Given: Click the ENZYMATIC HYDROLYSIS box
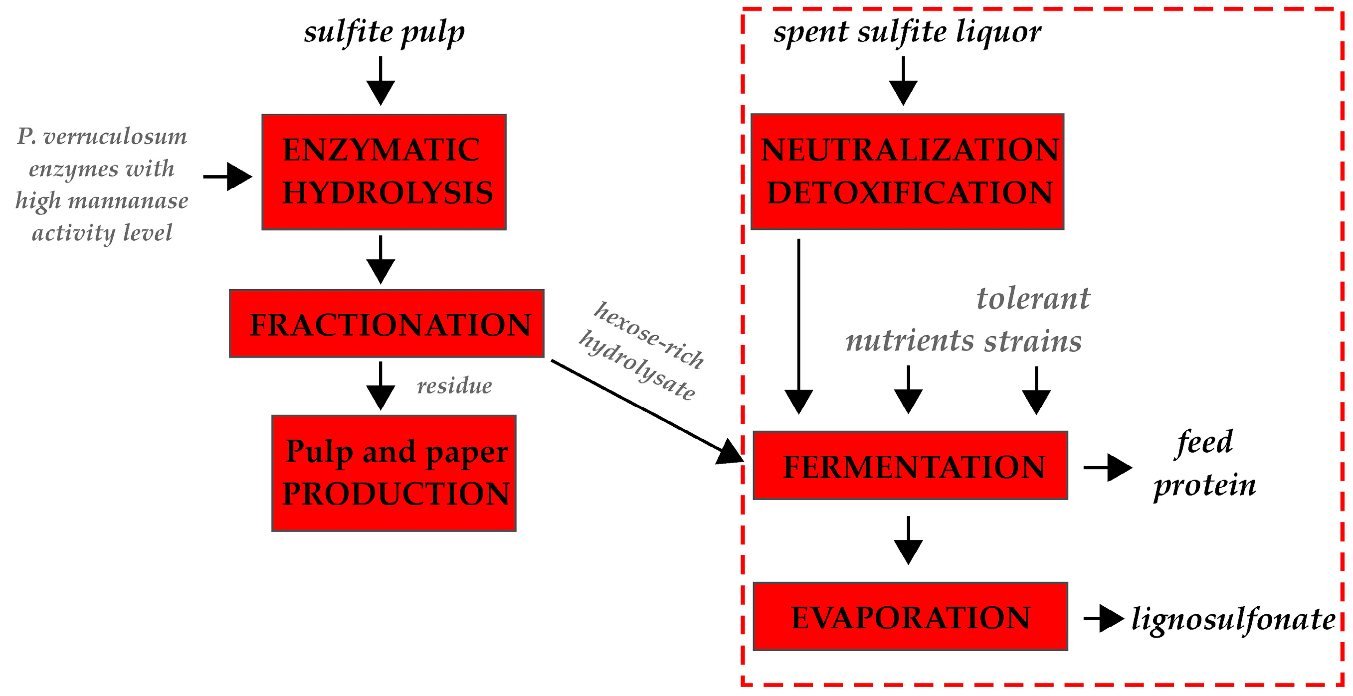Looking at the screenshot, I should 384,172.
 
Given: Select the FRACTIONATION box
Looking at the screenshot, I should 387,324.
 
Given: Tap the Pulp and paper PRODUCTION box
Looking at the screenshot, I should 394,473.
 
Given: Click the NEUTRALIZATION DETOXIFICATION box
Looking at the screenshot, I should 907,172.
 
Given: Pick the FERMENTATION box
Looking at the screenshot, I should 910,466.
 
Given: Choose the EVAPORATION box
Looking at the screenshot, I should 910,616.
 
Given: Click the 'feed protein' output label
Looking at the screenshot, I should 1204,463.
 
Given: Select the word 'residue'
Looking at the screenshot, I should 454,386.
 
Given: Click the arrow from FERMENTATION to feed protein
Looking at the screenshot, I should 1107,467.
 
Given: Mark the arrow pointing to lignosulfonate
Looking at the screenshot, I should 1103,618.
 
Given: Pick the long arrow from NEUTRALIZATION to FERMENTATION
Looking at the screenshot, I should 798,326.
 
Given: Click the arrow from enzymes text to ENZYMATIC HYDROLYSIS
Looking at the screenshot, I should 227,176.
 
